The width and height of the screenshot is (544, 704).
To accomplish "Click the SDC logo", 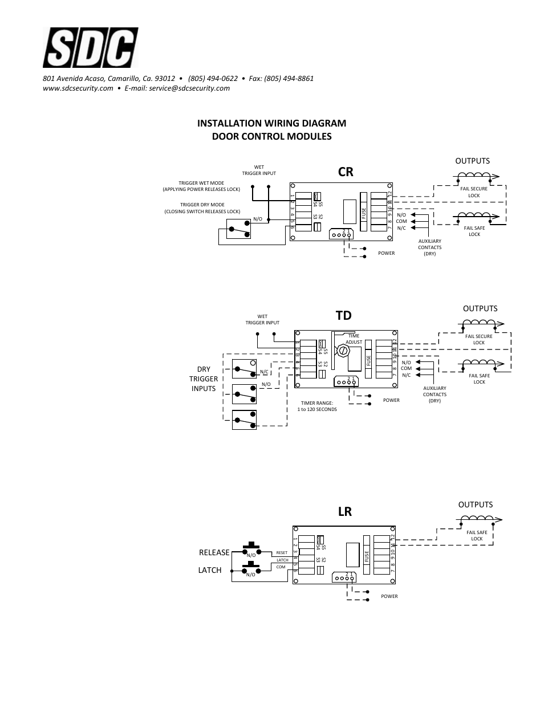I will [x=90, y=49].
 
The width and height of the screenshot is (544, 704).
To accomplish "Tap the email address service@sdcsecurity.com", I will [x=189, y=88].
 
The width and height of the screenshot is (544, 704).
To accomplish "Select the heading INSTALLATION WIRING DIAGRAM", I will [x=271, y=123].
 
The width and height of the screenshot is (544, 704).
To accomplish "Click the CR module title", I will [x=346, y=171].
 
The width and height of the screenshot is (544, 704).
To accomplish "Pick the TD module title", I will [x=344, y=315].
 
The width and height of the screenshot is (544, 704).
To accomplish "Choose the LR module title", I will [x=345, y=511].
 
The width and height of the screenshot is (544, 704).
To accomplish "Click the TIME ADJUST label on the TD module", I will [x=354, y=339].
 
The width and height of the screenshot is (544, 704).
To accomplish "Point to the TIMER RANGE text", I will [x=317, y=406].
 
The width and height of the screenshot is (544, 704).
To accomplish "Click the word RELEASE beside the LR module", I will [x=214, y=552].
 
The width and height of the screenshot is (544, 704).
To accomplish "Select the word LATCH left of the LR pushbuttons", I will [x=210, y=570].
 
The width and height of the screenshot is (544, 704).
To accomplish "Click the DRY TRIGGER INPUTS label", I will [x=204, y=379].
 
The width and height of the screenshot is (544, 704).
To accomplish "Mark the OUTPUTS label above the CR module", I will [x=472, y=161].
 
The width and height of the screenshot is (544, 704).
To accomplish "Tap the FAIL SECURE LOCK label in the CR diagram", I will [x=474, y=192].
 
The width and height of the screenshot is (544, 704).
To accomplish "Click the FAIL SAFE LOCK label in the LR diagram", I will [x=477, y=535].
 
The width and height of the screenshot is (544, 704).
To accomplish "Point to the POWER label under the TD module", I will [x=391, y=400].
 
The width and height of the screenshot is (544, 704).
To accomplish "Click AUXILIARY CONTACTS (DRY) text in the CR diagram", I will [x=429, y=247].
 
